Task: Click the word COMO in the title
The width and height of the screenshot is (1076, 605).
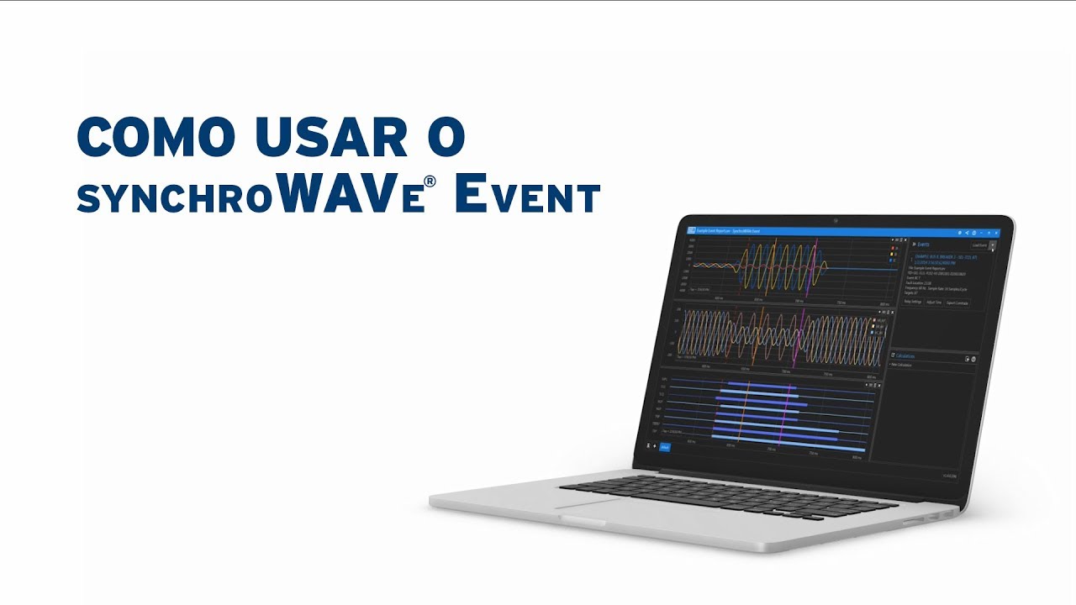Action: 144,137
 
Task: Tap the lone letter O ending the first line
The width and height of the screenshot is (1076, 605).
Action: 445,137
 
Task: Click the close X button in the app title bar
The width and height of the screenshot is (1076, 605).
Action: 996,233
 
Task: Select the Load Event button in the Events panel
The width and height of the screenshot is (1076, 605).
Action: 979,245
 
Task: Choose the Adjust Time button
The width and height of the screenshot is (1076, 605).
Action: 934,302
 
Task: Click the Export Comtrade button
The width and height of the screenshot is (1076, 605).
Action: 957,303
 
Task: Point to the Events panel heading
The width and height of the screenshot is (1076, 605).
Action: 922,244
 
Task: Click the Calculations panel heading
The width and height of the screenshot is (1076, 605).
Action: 906,356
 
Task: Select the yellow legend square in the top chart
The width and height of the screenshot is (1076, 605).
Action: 891,255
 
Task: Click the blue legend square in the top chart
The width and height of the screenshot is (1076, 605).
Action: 891,260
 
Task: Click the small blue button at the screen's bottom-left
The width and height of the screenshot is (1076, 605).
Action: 665,447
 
